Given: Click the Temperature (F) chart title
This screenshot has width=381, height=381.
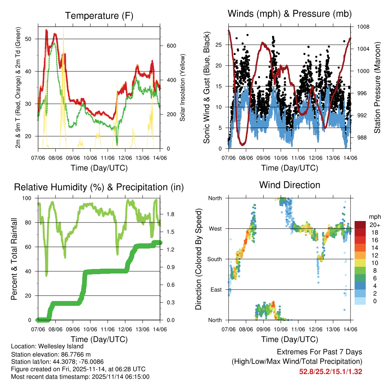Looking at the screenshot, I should [99, 16].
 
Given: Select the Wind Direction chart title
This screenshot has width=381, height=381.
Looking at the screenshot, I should [289, 185].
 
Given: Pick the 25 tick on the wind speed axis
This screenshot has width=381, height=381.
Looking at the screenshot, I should [219, 45].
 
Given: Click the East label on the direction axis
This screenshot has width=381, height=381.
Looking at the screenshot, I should [215, 289].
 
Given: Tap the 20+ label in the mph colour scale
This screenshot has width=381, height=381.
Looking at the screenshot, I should [375, 225].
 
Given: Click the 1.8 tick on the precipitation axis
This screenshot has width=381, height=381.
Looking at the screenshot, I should [171, 214].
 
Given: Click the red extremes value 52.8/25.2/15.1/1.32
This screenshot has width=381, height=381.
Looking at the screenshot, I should [330, 371].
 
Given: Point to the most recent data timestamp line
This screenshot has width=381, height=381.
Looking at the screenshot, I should [80, 377].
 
